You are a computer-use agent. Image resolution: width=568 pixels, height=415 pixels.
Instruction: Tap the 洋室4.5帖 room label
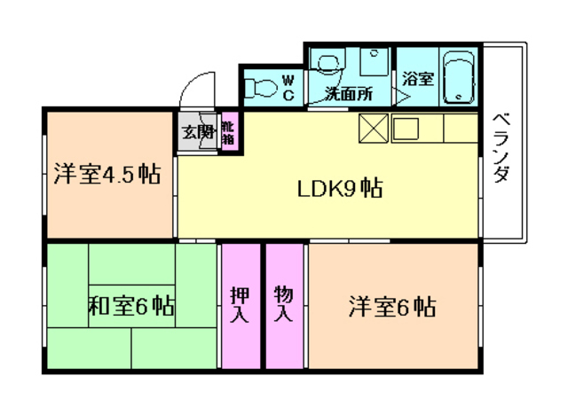[106, 173]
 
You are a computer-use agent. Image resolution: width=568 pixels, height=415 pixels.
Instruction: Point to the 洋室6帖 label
[390, 308]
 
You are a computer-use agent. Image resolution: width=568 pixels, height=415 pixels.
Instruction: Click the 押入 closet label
[240, 304]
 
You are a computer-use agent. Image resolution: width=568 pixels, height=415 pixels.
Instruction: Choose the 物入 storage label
[284, 304]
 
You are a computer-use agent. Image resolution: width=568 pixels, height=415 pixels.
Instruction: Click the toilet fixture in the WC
[261, 88]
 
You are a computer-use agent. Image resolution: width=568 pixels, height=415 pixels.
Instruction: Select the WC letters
[288, 88]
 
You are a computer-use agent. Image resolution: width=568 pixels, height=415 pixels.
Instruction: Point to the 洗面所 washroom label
[348, 92]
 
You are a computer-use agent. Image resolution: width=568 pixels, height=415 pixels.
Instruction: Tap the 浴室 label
[417, 79]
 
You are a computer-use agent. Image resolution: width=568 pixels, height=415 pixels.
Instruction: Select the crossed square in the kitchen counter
[373, 129]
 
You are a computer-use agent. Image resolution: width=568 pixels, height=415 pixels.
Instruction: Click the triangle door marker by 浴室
[405, 96]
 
